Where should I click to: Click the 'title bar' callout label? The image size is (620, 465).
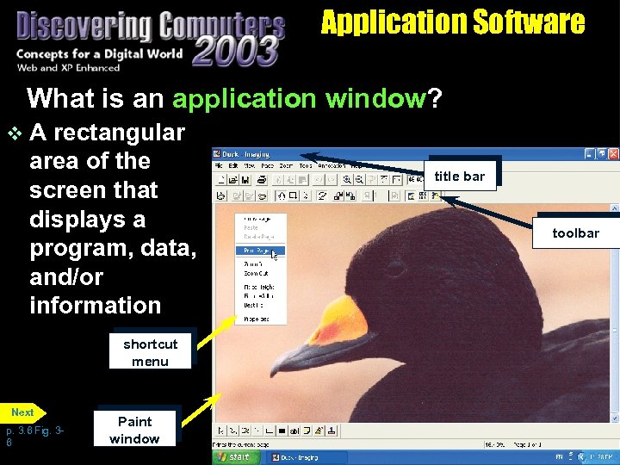[459, 177]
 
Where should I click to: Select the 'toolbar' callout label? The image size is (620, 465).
[575, 233]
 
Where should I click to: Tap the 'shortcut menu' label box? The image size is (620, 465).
[151, 353]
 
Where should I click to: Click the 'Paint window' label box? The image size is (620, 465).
[134, 431]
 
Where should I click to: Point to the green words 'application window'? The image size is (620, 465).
[299, 99]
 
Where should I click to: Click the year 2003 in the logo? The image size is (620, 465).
[235, 51]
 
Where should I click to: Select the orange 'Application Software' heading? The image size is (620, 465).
[452, 22]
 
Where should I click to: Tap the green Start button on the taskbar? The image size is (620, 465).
[234, 456]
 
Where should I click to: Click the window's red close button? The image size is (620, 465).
[612, 154]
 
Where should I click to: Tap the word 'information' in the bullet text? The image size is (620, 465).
[95, 306]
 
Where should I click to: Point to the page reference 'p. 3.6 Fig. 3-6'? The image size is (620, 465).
[34, 436]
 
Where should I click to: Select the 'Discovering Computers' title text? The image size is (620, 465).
[151, 27]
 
